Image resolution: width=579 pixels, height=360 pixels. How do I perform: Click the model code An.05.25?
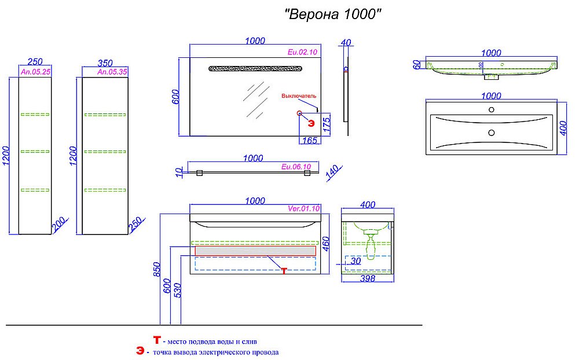(35, 72)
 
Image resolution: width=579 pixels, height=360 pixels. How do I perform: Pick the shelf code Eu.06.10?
(296, 167)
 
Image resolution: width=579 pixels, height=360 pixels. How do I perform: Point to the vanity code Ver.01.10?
(303, 209)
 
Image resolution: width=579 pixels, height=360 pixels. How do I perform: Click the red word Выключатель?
(299, 95)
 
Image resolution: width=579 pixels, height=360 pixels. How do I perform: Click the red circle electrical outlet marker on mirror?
(300, 113)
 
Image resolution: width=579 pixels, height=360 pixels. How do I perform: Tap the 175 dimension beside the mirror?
(327, 124)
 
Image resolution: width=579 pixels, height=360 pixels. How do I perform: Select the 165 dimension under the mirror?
(310, 141)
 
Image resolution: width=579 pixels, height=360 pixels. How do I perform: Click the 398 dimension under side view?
(367, 278)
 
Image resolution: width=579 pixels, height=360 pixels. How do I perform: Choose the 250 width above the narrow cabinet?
(35, 63)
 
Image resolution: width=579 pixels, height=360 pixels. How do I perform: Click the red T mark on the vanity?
(284, 270)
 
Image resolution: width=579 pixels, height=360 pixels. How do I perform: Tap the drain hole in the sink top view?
(491, 133)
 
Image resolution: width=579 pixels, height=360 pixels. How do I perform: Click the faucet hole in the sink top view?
(491, 109)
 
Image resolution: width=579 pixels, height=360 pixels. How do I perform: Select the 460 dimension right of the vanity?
(327, 245)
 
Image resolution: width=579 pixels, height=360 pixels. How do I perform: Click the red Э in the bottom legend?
(140, 351)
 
